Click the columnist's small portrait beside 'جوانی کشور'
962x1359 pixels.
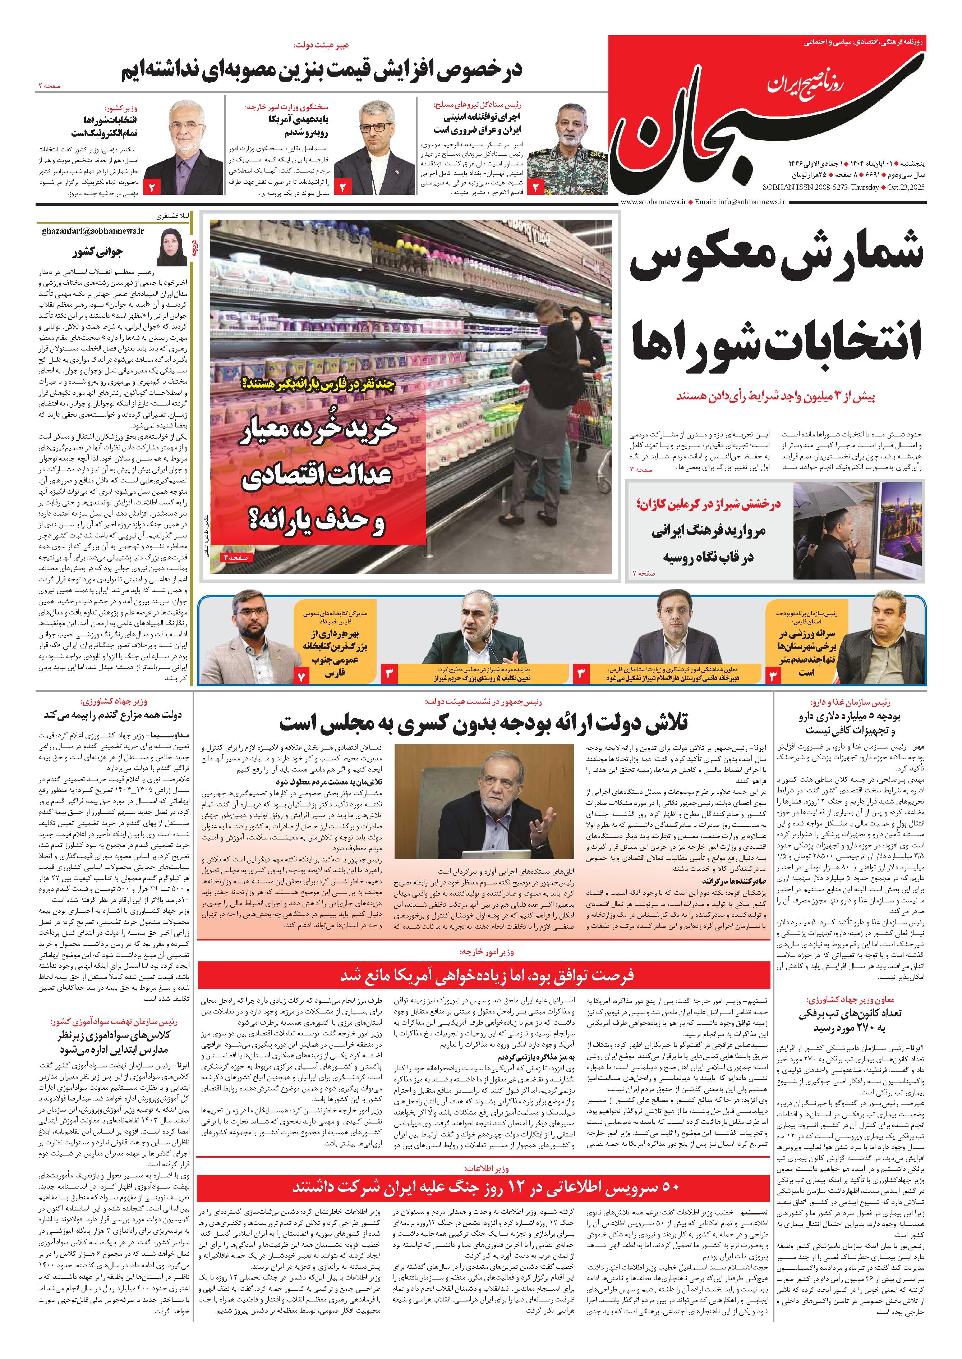172,247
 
